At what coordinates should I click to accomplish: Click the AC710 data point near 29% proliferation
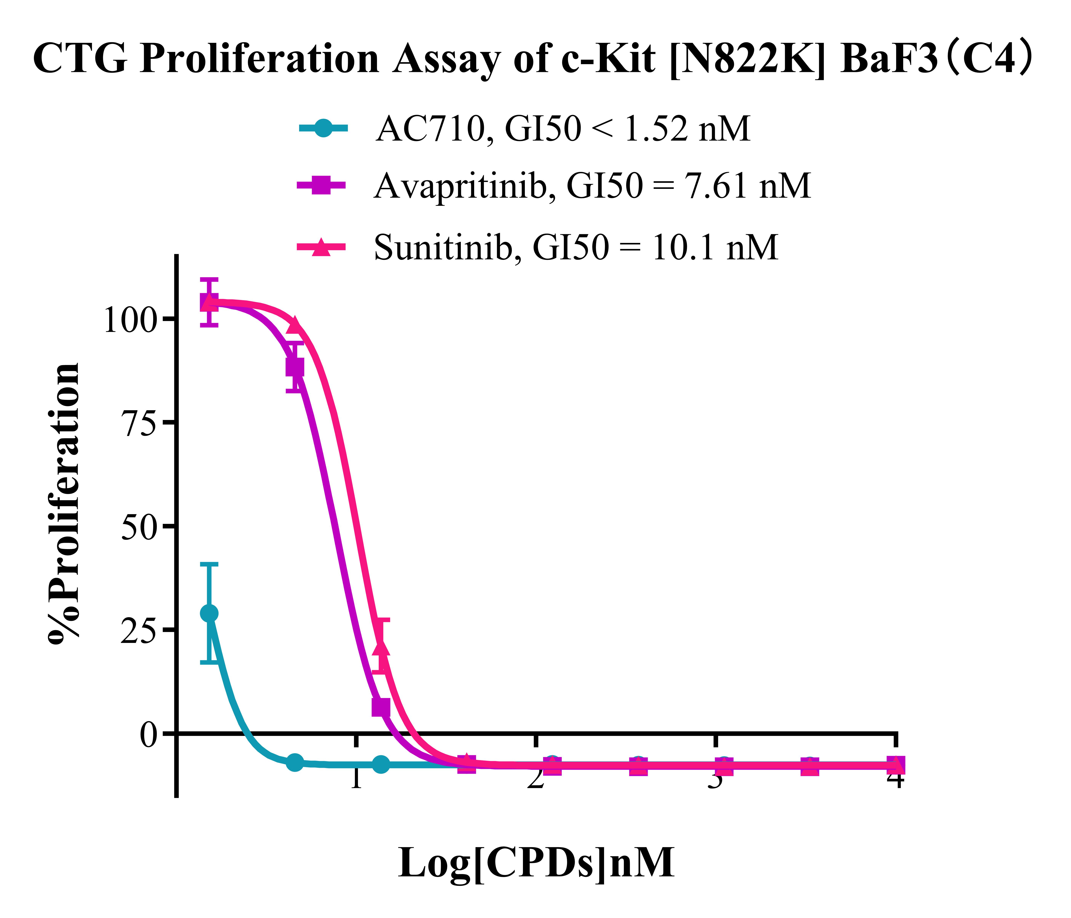tap(209, 613)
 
